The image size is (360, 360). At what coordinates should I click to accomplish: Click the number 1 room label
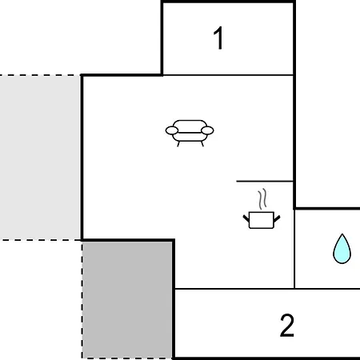tap(218, 38)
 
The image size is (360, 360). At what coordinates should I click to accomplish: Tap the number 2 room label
tap(287, 326)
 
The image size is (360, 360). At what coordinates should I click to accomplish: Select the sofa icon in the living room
tap(190, 133)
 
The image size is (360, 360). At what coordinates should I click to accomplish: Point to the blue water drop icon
tap(342, 249)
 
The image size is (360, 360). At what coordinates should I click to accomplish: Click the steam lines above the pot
tap(262, 198)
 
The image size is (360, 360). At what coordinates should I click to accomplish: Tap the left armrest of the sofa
tap(172, 130)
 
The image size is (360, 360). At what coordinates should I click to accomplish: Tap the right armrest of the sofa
tap(207, 130)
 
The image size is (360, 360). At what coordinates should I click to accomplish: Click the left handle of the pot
tap(246, 218)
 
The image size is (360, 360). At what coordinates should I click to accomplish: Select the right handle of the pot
tap(277, 218)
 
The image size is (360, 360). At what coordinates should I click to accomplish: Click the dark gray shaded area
tap(127, 300)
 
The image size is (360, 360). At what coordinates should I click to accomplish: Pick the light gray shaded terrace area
tap(40, 158)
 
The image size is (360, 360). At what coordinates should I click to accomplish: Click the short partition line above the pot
tap(265, 182)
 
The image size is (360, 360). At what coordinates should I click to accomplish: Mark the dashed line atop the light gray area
tap(40, 75)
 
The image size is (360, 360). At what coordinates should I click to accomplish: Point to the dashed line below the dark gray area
tap(127, 358)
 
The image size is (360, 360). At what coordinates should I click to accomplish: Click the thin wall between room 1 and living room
tap(228, 75)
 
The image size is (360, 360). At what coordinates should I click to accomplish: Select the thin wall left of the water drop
tap(294, 249)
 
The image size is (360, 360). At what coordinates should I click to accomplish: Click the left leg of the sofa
tap(178, 144)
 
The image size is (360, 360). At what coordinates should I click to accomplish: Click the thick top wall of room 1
tap(228, 2)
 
